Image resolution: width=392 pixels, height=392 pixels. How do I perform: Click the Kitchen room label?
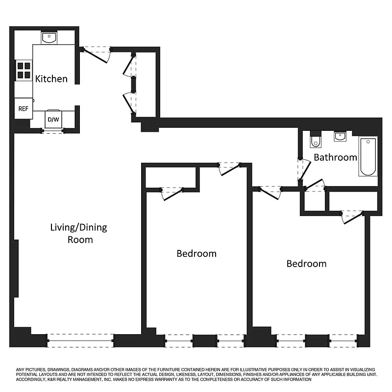(x=51, y=78)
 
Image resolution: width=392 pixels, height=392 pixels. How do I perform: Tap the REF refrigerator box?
(x=23, y=109)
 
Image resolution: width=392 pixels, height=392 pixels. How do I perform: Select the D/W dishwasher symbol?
(x=52, y=119)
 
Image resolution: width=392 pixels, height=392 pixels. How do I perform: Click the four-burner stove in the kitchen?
(x=24, y=70)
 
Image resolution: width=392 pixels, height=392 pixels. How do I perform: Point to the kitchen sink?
(x=49, y=38)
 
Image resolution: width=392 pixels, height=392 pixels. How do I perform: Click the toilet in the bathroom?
(x=315, y=140)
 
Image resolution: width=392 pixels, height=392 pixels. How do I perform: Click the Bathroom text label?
(x=335, y=157)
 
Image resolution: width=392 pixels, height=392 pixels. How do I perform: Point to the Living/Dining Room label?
(x=78, y=233)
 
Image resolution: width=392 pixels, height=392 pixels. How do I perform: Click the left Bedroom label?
(x=196, y=253)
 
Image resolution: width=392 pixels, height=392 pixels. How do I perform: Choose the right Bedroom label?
(x=306, y=264)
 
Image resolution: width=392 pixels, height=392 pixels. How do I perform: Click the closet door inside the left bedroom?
(x=171, y=193)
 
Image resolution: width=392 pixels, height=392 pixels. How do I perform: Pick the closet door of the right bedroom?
(x=352, y=216)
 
